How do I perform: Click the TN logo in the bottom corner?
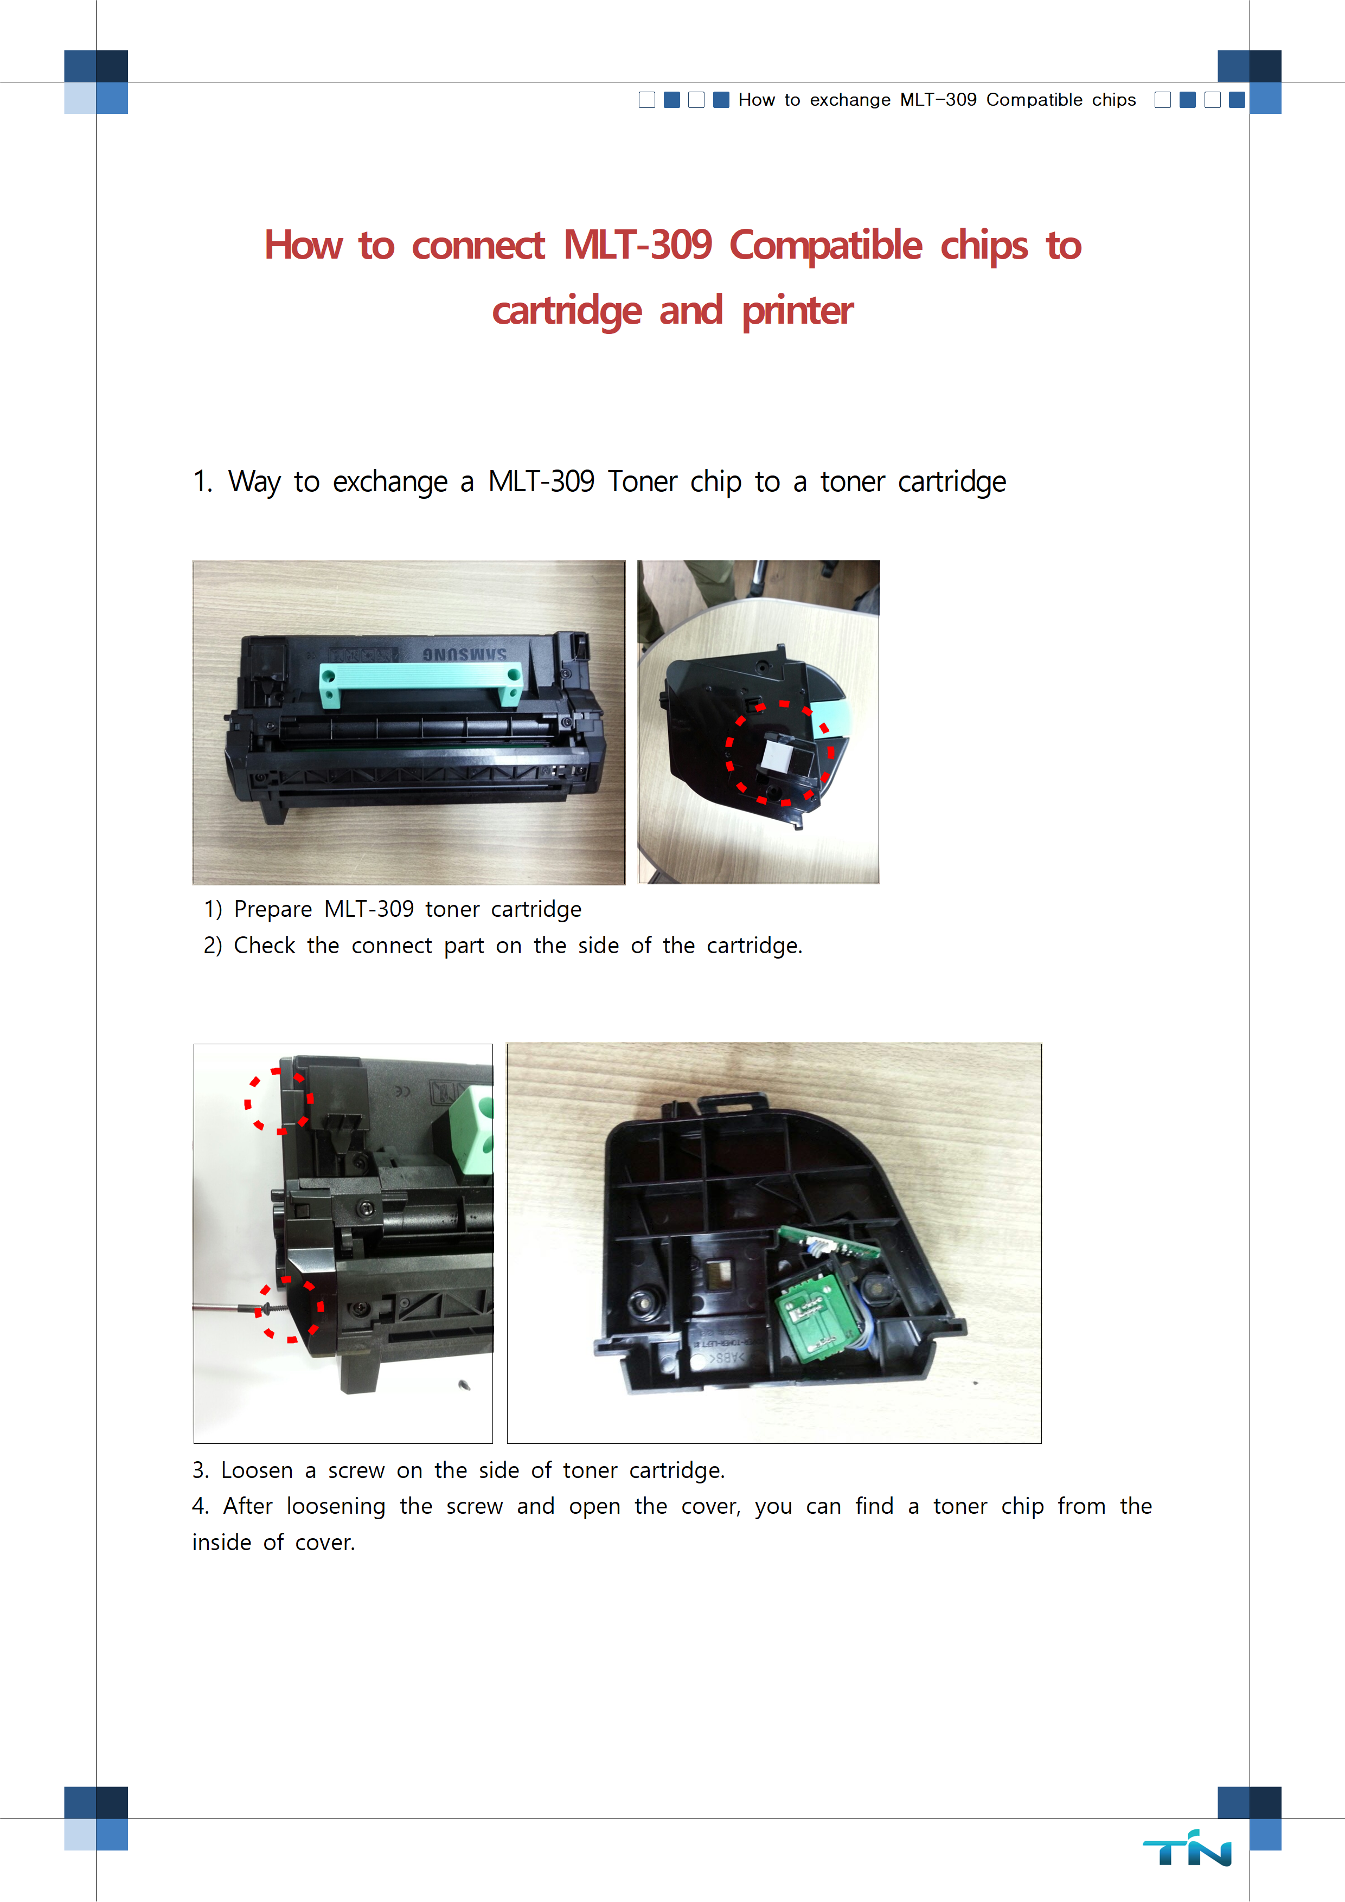(1187, 1848)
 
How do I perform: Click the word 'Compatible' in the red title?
(825, 245)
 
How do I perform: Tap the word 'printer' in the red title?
(797, 311)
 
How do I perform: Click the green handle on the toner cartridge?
(420, 682)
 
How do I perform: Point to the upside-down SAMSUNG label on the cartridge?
(464, 653)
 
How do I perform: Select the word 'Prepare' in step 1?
(273, 910)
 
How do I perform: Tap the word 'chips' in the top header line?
(1114, 100)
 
